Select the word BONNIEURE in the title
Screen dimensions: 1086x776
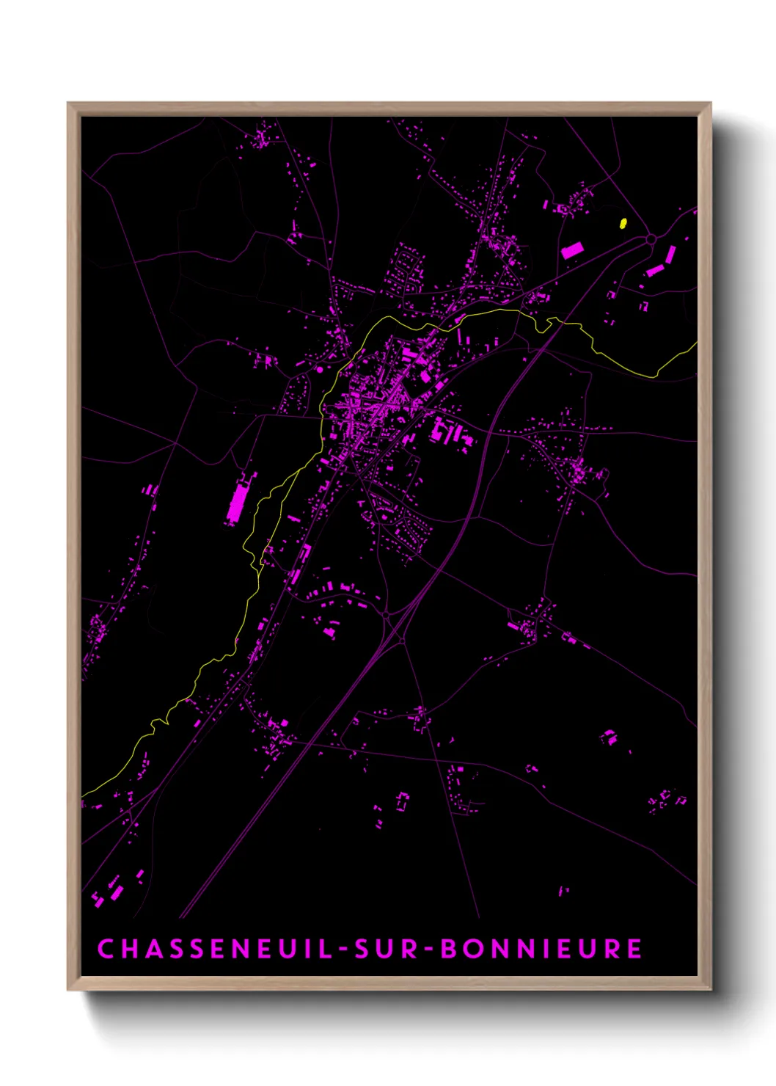point(541,949)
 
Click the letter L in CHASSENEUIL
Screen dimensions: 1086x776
point(326,949)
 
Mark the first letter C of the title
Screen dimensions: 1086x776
point(106,949)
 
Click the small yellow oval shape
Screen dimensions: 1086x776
point(623,223)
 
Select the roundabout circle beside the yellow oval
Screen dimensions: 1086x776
point(651,239)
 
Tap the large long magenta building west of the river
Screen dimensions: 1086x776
point(238,500)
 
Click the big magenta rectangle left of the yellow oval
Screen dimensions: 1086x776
point(572,250)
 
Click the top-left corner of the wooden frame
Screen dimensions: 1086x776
point(69,103)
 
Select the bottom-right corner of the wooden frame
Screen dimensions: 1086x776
point(709,988)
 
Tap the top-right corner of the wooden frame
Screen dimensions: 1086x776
point(709,103)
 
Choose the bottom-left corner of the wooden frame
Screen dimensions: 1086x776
point(69,988)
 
